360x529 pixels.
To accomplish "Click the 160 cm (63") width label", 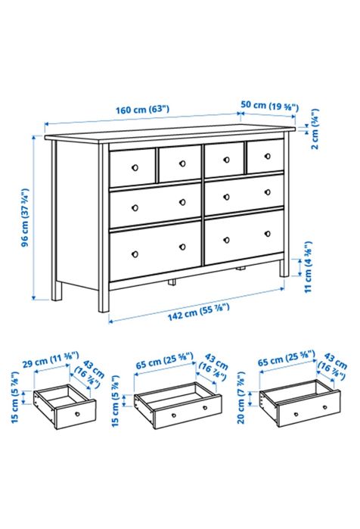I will (x=142, y=109).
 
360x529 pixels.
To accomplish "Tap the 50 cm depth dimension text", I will (x=268, y=104).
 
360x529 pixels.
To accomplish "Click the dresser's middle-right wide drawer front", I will (x=244, y=194).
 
